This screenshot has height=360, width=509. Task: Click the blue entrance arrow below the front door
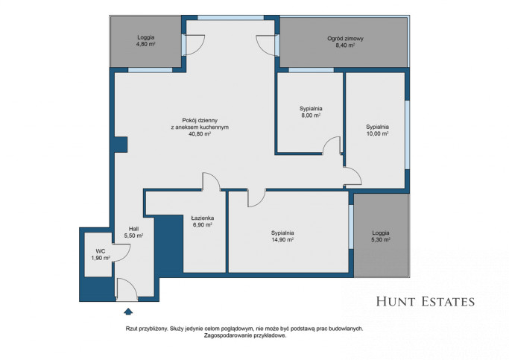pos(128,312)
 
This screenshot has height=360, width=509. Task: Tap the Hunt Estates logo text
pos(426,302)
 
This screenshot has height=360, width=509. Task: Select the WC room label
pos(101,251)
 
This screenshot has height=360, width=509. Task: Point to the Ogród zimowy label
pos(345,39)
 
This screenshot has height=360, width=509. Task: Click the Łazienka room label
pos(202,218)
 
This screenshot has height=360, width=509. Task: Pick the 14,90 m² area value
pos(282,240)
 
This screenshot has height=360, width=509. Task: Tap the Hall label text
pos(133,229)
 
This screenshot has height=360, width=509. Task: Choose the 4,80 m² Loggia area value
pos(145,44)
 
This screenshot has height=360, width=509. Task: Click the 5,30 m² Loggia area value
pos(381,240)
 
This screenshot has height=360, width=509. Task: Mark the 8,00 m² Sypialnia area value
pos(311,116)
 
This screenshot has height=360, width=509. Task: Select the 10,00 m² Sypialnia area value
pos(377,133)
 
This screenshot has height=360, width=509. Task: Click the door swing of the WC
pos(121,253)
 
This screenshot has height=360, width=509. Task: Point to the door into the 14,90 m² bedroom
pos(256,198)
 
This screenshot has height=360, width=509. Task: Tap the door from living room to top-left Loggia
pos(193,45)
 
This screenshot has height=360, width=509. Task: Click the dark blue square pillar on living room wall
pos(120,145)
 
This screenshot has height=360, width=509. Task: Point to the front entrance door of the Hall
pos(127,290)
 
